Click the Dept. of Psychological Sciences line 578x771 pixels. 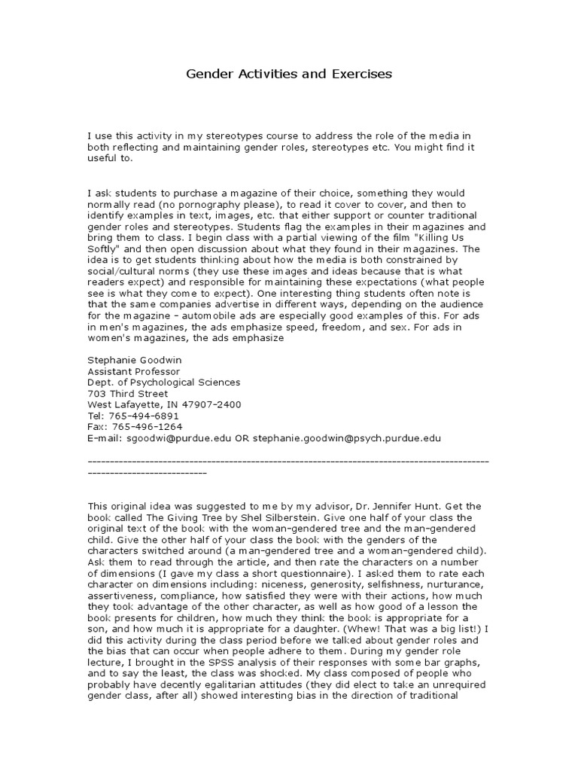point(164,382)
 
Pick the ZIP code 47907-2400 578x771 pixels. point(213,404)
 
